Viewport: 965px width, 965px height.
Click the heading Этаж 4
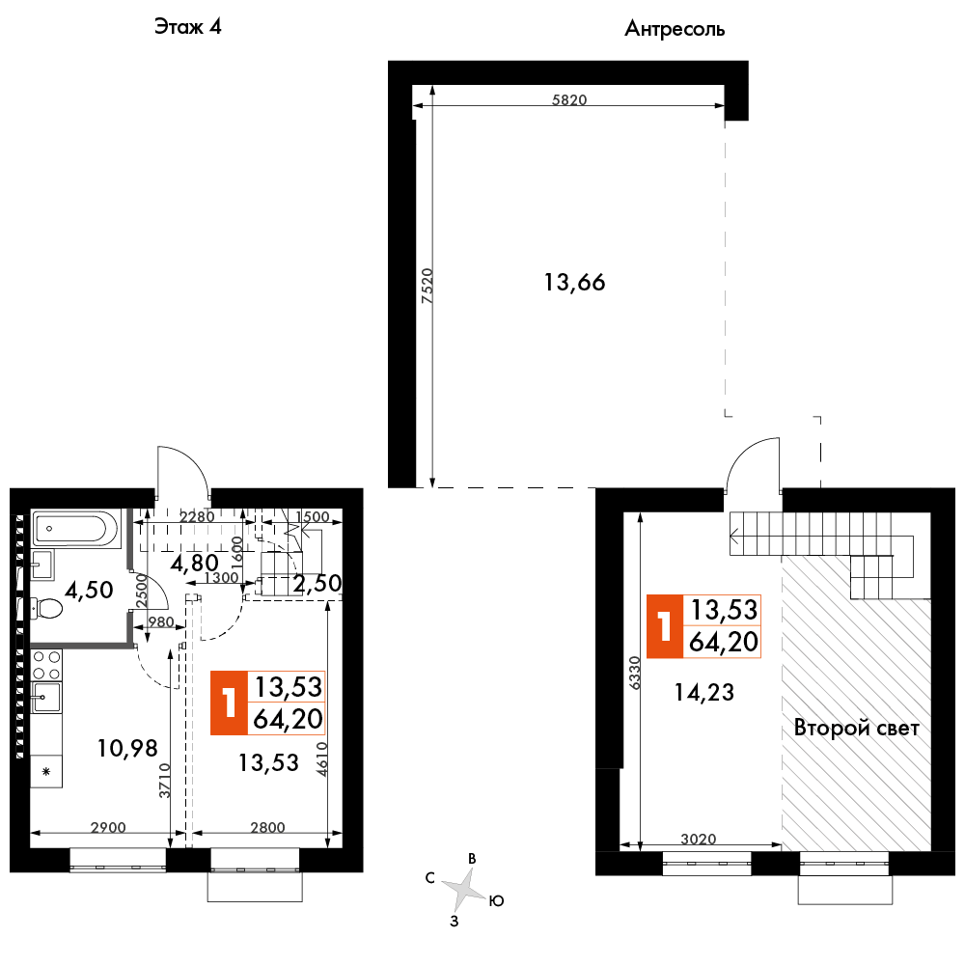pos(187,26)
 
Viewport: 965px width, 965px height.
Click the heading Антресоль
pos(675,29)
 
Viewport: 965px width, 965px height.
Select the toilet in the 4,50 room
pos(46,609)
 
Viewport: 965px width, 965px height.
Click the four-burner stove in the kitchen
pos(46,664)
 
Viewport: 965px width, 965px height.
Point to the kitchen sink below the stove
pos(46,698)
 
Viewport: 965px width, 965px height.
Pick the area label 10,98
pos(127,749)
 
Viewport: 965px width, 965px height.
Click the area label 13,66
pos(574,283)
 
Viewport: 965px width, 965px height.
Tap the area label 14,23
pos(704,692)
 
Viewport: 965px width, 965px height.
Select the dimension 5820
pos(569,99)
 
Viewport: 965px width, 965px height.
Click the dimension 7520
pos(427,286)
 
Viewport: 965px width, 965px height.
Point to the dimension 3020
pos(699,839)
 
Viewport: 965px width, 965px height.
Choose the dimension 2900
pos(108,828)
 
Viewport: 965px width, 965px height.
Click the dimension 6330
pos(635,674)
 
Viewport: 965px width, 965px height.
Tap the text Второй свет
pos(857,728)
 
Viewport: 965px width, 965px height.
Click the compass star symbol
pos(465,889)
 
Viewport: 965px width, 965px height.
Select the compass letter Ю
pos(497,901)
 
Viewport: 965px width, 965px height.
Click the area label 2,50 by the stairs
pos(317,584)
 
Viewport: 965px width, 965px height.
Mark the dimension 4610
pos(322,759)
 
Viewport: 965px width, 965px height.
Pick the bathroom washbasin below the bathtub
pos(42,565)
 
